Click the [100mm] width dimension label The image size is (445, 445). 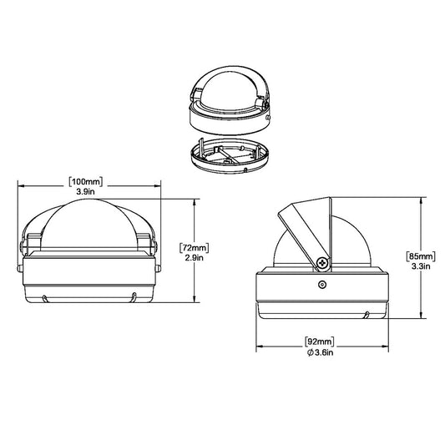pos(88,182)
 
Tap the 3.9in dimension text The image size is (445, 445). pos(88,191)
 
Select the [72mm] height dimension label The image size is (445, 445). pos(194,247)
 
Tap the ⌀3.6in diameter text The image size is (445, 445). pos(321,353)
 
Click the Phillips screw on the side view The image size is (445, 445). pos(322,264)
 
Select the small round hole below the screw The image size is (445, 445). pos(322,283)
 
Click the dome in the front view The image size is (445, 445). pos(88,221)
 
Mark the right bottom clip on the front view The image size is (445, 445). pos(133,296)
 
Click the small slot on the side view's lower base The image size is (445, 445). pos(367,315)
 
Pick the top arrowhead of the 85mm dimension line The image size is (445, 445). pos(403,201)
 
